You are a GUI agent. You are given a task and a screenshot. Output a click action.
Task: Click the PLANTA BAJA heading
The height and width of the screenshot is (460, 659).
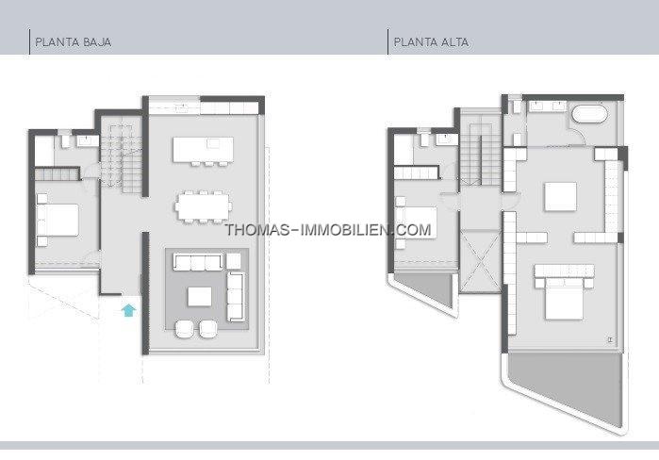[x=74, y=42]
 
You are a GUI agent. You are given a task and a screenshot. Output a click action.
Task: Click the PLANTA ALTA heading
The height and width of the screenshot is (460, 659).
[x=431, y=42]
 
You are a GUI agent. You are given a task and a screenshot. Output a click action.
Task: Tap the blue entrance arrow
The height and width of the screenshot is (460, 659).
[x=128, y=310]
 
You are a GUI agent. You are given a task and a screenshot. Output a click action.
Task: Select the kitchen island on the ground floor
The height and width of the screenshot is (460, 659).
[x=203, y=150]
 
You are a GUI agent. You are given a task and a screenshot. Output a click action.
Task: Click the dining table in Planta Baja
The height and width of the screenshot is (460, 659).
[x=204, y=206]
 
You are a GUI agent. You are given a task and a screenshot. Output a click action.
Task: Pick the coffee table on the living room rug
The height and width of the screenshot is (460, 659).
[x=200, y=297]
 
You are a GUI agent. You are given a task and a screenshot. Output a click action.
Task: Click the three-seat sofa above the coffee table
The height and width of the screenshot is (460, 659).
[x=198, y=262]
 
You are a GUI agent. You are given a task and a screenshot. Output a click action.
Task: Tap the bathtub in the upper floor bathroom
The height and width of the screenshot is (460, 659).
[x=590, y=114]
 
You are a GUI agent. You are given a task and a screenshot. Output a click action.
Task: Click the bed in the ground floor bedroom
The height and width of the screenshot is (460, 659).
[x=58, y=220]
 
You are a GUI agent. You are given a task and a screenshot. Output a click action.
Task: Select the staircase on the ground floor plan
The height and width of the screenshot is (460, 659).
[x=122, y=156]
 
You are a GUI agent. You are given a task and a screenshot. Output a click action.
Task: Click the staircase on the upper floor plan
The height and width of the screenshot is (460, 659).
[x=481, y=154]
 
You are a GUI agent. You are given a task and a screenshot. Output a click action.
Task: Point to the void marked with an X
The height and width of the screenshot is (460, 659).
[x=481, y=261]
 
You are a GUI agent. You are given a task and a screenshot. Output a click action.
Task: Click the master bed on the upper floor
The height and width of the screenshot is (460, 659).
[x=564, y=291]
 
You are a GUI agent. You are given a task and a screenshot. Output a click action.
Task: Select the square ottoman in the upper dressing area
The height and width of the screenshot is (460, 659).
[x=560, y=196]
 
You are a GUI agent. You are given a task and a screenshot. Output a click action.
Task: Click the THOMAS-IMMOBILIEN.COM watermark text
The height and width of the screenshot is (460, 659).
[x=328, y=230]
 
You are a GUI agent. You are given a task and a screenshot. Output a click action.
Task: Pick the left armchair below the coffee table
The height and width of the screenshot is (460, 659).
[x=185, y=329]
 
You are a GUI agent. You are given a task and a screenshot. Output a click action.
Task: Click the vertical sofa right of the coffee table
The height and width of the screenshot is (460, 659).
[x=236, y=297]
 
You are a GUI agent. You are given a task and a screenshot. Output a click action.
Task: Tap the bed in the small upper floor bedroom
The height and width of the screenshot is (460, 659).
[x=416, y=222]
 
